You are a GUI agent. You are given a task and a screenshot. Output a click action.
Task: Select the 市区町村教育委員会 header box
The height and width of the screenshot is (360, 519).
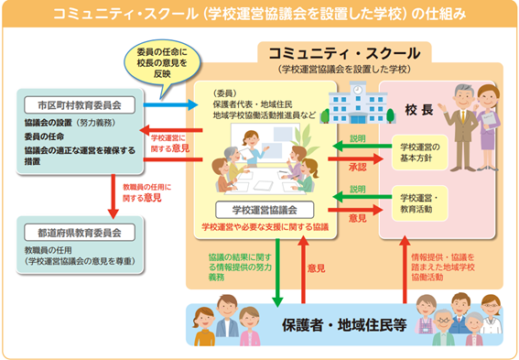point(80,102)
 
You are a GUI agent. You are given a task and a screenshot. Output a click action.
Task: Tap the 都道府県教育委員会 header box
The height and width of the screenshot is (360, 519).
point(80,232)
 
